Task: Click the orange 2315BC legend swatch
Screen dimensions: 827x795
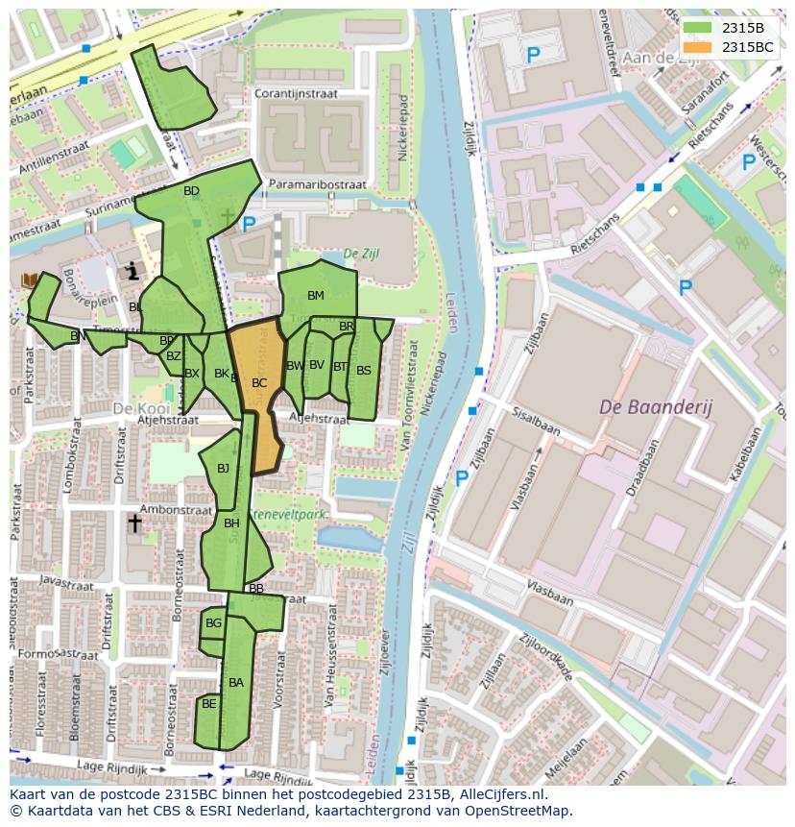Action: point(698,46)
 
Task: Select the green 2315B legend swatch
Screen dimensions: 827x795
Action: point(698,27)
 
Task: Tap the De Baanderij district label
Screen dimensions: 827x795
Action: point(656,407)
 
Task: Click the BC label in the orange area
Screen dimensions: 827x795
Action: point(259,382)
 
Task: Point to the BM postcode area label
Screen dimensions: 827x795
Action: point(316,295)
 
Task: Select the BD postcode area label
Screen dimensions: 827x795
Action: point(191,191)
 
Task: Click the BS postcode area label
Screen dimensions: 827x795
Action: point(364,370)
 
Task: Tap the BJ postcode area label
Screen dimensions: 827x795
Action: point(224,469)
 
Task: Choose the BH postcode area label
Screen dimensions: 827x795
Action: point(231,523)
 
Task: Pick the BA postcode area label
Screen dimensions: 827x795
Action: point(236,683)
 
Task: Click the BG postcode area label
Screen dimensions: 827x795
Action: point(213,623)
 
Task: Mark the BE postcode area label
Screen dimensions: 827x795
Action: point(208,704)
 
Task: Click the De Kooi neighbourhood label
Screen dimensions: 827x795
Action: point(134,408)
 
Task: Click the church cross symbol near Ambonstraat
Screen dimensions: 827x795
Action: point(135,523)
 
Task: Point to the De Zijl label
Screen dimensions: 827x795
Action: point(361,254)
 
